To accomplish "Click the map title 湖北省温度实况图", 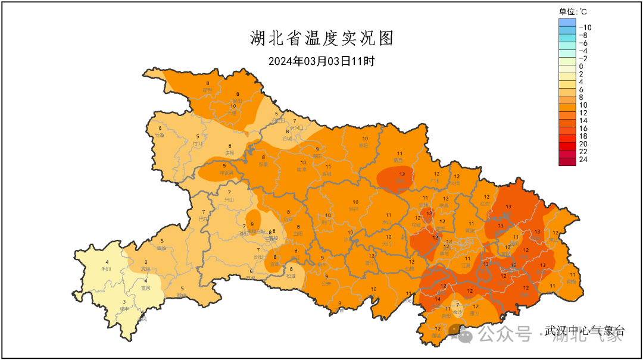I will (321, 39).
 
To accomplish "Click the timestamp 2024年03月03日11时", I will (321, 61).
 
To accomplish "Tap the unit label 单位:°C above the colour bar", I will (573, 11).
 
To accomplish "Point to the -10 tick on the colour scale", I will (585, 27).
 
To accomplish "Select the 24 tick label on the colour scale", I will (583, 159).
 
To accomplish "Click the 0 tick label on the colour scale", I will (581, 66).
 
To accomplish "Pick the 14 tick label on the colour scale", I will (583, 121).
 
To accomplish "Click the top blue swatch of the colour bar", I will (567, 23).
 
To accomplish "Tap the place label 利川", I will (107, 268).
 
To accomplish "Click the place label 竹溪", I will (160, 135).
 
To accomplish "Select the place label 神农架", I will (224, 173).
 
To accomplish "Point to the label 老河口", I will (296, 128).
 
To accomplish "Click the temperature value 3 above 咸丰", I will (124, 302).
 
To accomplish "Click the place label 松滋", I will (291, 276).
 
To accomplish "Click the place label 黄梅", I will (571, 281).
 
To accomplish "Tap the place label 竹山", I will (198, 143).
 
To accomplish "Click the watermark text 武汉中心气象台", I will (583, 331).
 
